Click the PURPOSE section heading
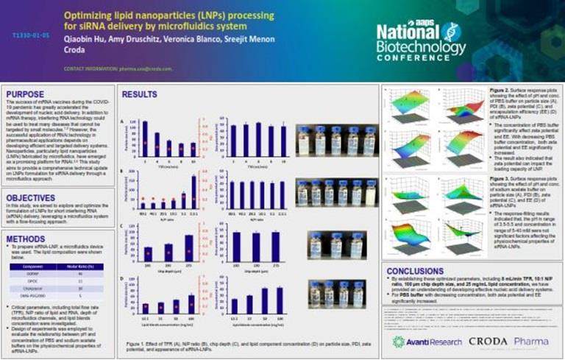pyautogui.click(x=26, y=93)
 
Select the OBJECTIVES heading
pyautogui.click(x=31, y=197)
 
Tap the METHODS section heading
pyautogui.click(x=26, y=239)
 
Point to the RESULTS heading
pyautogui.click(x=139, y=94)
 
